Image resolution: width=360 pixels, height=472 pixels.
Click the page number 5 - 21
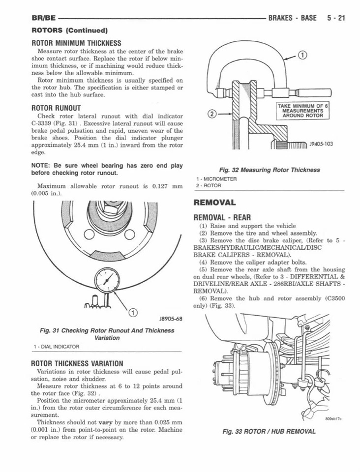(x=336, y=18)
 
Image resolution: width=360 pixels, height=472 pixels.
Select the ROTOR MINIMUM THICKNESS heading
(x=76, y=43)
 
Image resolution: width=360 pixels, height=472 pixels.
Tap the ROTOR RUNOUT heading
(x=56, y=107)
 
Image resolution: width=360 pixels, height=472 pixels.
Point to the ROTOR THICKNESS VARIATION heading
(x=77, y=363)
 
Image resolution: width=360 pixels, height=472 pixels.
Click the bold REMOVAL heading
(x=215, y=202)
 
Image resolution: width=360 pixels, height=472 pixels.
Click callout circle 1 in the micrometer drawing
(x=303, y=55)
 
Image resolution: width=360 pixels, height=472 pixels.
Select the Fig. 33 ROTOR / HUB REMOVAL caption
(x=269, y=431)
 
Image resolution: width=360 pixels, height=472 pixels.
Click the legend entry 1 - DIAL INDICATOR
(x=57, y=347)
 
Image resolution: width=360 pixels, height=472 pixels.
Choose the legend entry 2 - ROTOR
(x=209, y=185)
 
